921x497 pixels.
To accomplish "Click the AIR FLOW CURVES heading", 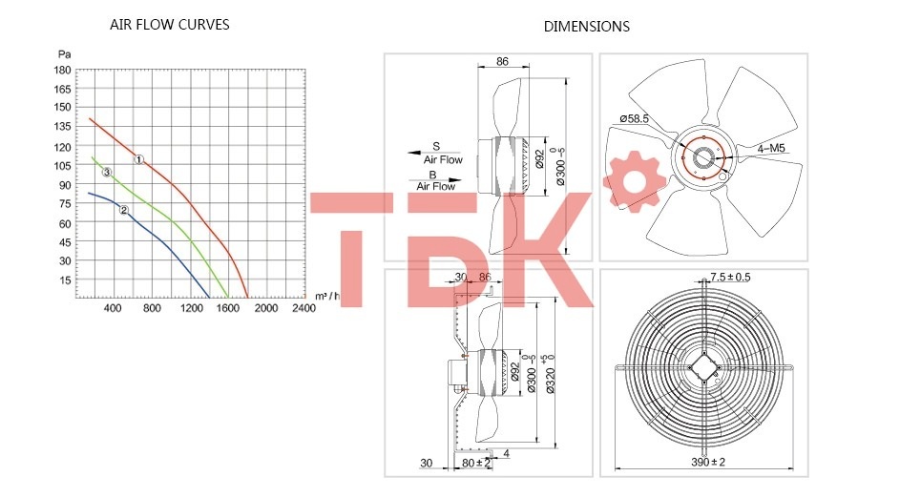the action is click(x=169, y=25).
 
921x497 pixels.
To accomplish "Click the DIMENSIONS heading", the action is click(x=586, y=27).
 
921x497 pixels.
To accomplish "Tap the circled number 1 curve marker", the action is click(x=139, y=159).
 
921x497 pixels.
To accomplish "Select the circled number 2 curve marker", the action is click(x=123, y=210).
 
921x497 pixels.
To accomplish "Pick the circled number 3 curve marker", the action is click(x=107, y=172).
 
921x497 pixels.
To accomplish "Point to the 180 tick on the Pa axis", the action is click(x=62, y=70).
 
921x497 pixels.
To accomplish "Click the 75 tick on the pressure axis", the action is click(x=65, y=203).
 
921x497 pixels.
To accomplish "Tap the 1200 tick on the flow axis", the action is click(x=191, y=308).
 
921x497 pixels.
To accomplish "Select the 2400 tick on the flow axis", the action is click(x=304, y=308).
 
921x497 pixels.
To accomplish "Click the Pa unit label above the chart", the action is click(x=64, y=54).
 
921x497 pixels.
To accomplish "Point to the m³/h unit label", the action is click(x=327, y=296).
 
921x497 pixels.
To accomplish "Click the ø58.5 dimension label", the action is click(x=634, y=118).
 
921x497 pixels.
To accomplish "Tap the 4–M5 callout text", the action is click(x=771, y=149).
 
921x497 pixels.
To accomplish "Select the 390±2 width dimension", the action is click(x=708, y=463).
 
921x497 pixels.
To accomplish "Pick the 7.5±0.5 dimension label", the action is click(x=730, y=277).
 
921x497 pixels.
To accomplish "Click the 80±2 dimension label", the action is click(x=476, y=463).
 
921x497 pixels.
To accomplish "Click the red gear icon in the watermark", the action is click(x=634, y=180).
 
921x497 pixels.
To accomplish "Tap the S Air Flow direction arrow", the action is click(x=422, y=153).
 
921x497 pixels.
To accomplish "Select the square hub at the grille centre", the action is click(x=703, y=365).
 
